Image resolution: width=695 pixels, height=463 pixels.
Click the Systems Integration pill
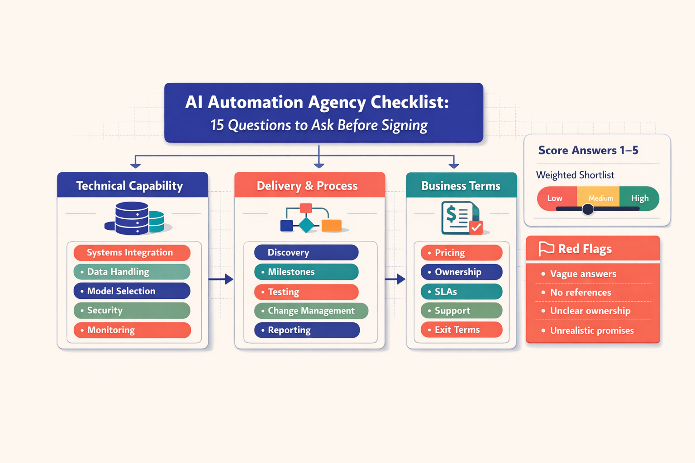(132, 253)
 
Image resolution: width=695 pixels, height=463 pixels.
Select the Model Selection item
(132, 291)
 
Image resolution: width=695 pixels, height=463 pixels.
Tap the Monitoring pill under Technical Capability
(132, 330)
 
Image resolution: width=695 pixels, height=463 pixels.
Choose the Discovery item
(306, 252)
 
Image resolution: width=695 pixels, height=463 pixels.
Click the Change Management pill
(311, 311)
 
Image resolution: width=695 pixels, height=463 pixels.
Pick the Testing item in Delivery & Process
(306, 292)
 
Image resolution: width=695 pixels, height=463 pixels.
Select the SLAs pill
(462, 292)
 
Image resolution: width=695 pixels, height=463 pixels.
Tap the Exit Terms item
(462, 330)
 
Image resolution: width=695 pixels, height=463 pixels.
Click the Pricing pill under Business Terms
(462, 252)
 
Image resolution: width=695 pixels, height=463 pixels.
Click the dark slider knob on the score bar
(588, 209)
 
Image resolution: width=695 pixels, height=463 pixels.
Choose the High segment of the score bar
(639, 198)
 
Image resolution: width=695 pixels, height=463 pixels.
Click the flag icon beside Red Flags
(546, 249)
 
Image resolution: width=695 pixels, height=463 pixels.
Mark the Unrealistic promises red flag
(592, 331)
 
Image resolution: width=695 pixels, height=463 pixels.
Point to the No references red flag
(581, 293)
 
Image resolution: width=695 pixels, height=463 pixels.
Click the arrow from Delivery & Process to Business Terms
(395, 279)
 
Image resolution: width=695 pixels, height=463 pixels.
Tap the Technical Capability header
(132, 185)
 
